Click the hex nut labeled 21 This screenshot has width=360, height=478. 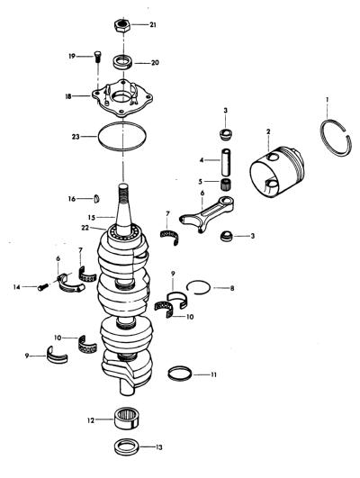pyautogui.click(x=121, y=25)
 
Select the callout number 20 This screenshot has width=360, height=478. pyautogui.click(x=155, y=63)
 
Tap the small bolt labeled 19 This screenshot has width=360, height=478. pyautogui.click(x=97, y=57)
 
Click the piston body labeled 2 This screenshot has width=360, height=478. pyautogui.click(x=276, y=172)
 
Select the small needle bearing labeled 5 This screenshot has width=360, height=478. pyautogui.click(x=226, y=185)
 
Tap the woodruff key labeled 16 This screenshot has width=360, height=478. pyautogui.click(x=96, y=199)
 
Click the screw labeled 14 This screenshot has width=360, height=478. pyautogui.click(x=43, y=287)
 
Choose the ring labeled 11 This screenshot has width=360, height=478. pyautogui.click(x=180, y=374)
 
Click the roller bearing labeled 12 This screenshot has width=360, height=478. pyautogui.click(x=128, y=419)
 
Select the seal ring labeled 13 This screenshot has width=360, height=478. pyautogui.click(x=127, y=447)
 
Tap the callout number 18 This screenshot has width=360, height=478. pyautogui.click(x=68, y=96)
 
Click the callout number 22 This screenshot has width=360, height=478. pyautogui.click(x=85, y=228)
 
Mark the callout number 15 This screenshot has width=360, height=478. pyautogui.click(x=92, y=218)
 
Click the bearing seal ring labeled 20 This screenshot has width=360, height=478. pyautogui.click(x=122, y=62)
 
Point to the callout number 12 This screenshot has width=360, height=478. pyautogui.click(x=91, y=420)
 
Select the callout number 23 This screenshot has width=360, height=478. pyautogui.click(x=76, y=137)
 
